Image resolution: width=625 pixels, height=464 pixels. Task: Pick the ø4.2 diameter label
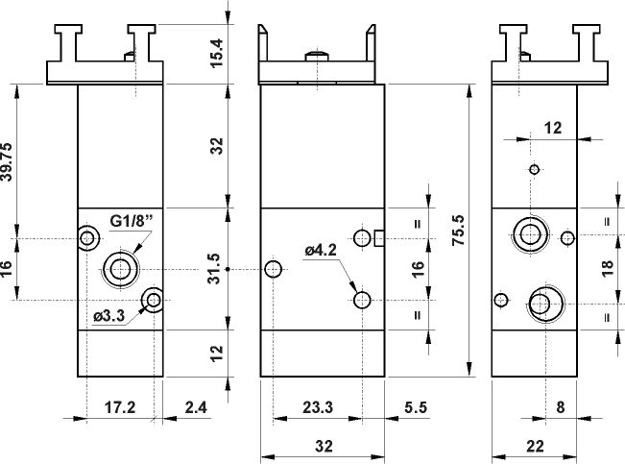320,253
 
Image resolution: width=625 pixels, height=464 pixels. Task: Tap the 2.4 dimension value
195,407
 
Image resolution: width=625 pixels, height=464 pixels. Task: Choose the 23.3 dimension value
318,407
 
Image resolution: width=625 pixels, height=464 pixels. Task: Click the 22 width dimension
535,445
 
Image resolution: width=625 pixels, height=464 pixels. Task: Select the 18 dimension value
606,270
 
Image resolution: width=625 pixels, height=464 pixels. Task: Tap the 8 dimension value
562,407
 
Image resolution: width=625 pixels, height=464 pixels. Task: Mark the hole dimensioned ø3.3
152,302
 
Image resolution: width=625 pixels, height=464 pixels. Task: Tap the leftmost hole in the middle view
274,269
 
